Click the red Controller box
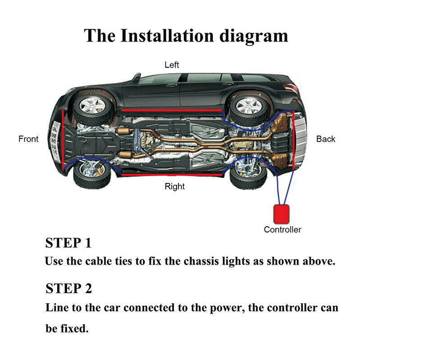click(x=282, y=213)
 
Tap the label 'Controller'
click(x=282, y=229)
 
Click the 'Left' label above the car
click(x=172, y=65)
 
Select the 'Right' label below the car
click(x=175, y=186)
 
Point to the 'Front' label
click(x=28, y=139)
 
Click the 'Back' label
click(x=326, y=139)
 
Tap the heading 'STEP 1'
click(x=68, y=243)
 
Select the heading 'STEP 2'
click(x=69, y=288)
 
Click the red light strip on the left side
click(x=171, y=110)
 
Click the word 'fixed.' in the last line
click(x=74, y=328)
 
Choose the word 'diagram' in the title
click(x=254, y=36)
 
